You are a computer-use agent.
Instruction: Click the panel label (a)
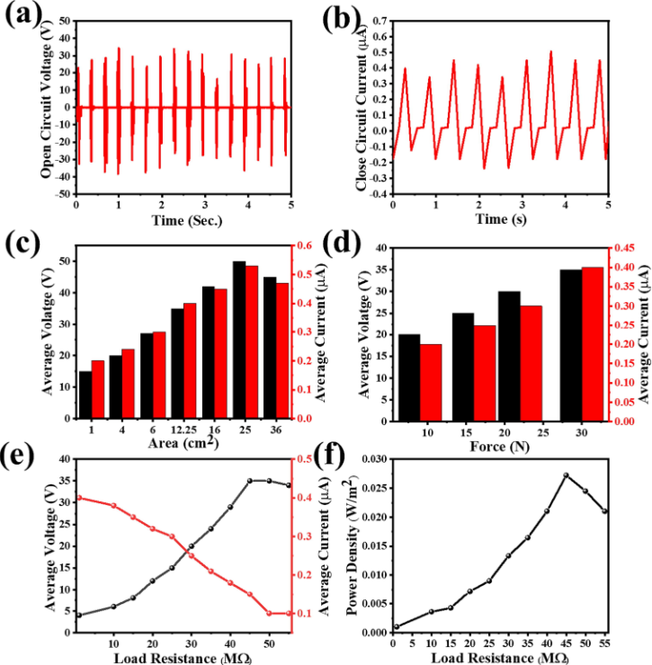click(x=19, y=17)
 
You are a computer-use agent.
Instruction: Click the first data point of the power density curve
click(x=393, y=627)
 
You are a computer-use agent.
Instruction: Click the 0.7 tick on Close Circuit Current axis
click(x=377, y=19)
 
